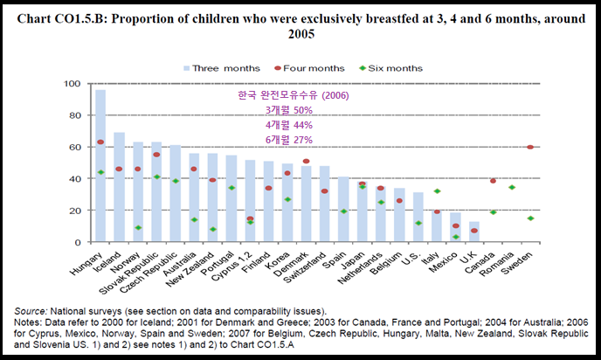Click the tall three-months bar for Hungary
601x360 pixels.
(100, 166)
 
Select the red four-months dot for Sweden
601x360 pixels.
(530, 147)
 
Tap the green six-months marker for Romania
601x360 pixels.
(511, 187)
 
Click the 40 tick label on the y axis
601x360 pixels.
(76, 179)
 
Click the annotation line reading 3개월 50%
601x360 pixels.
(289, 110)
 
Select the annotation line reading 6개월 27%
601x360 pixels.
(289, 140)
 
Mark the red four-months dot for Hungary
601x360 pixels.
(100, 142)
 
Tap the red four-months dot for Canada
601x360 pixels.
(492, 181)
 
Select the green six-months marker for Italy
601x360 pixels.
(436, 191)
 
